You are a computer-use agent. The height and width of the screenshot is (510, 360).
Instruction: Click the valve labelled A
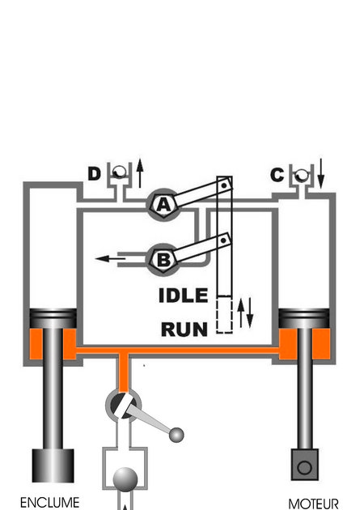tap(163, 206)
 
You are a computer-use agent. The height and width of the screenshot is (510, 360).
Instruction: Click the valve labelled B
tap(163, 260)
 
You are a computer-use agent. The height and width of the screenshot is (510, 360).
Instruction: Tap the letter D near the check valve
tap(94, 174)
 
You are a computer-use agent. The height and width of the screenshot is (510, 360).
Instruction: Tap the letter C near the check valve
tap(277, 175)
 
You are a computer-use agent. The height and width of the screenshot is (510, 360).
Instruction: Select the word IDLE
tap(184, 295)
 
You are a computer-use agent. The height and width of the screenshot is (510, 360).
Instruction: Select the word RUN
tap(184, 329)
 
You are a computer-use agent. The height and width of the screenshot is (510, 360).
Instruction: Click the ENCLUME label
tap(49, 503)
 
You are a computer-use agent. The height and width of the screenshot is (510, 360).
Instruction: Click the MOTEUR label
tap(314, 504)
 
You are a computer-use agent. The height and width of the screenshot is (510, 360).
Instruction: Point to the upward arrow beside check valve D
tap(140, 173)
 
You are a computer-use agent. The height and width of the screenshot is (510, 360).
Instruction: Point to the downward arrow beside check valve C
tap(320, 173)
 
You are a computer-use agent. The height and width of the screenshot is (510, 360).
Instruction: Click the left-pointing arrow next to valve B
tap(111, 259)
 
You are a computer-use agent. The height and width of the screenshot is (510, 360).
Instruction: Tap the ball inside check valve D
tap(120, 172)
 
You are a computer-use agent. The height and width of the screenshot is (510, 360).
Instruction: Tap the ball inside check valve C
tap(301, 175)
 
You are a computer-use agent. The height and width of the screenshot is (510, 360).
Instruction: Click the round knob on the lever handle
tap(176, 436)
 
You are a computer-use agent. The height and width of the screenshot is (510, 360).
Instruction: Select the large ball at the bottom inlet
tap(125, 480)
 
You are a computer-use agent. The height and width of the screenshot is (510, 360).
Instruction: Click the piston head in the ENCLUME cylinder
tap(53, 318)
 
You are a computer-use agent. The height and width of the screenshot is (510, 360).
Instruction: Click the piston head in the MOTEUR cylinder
tap(304, 318)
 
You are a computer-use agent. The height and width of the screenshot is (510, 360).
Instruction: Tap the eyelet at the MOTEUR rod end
tap(304, 465)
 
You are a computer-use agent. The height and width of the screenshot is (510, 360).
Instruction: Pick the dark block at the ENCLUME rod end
tap(53, 465)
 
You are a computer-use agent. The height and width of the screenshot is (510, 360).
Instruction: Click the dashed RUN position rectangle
tap(225, 315)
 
